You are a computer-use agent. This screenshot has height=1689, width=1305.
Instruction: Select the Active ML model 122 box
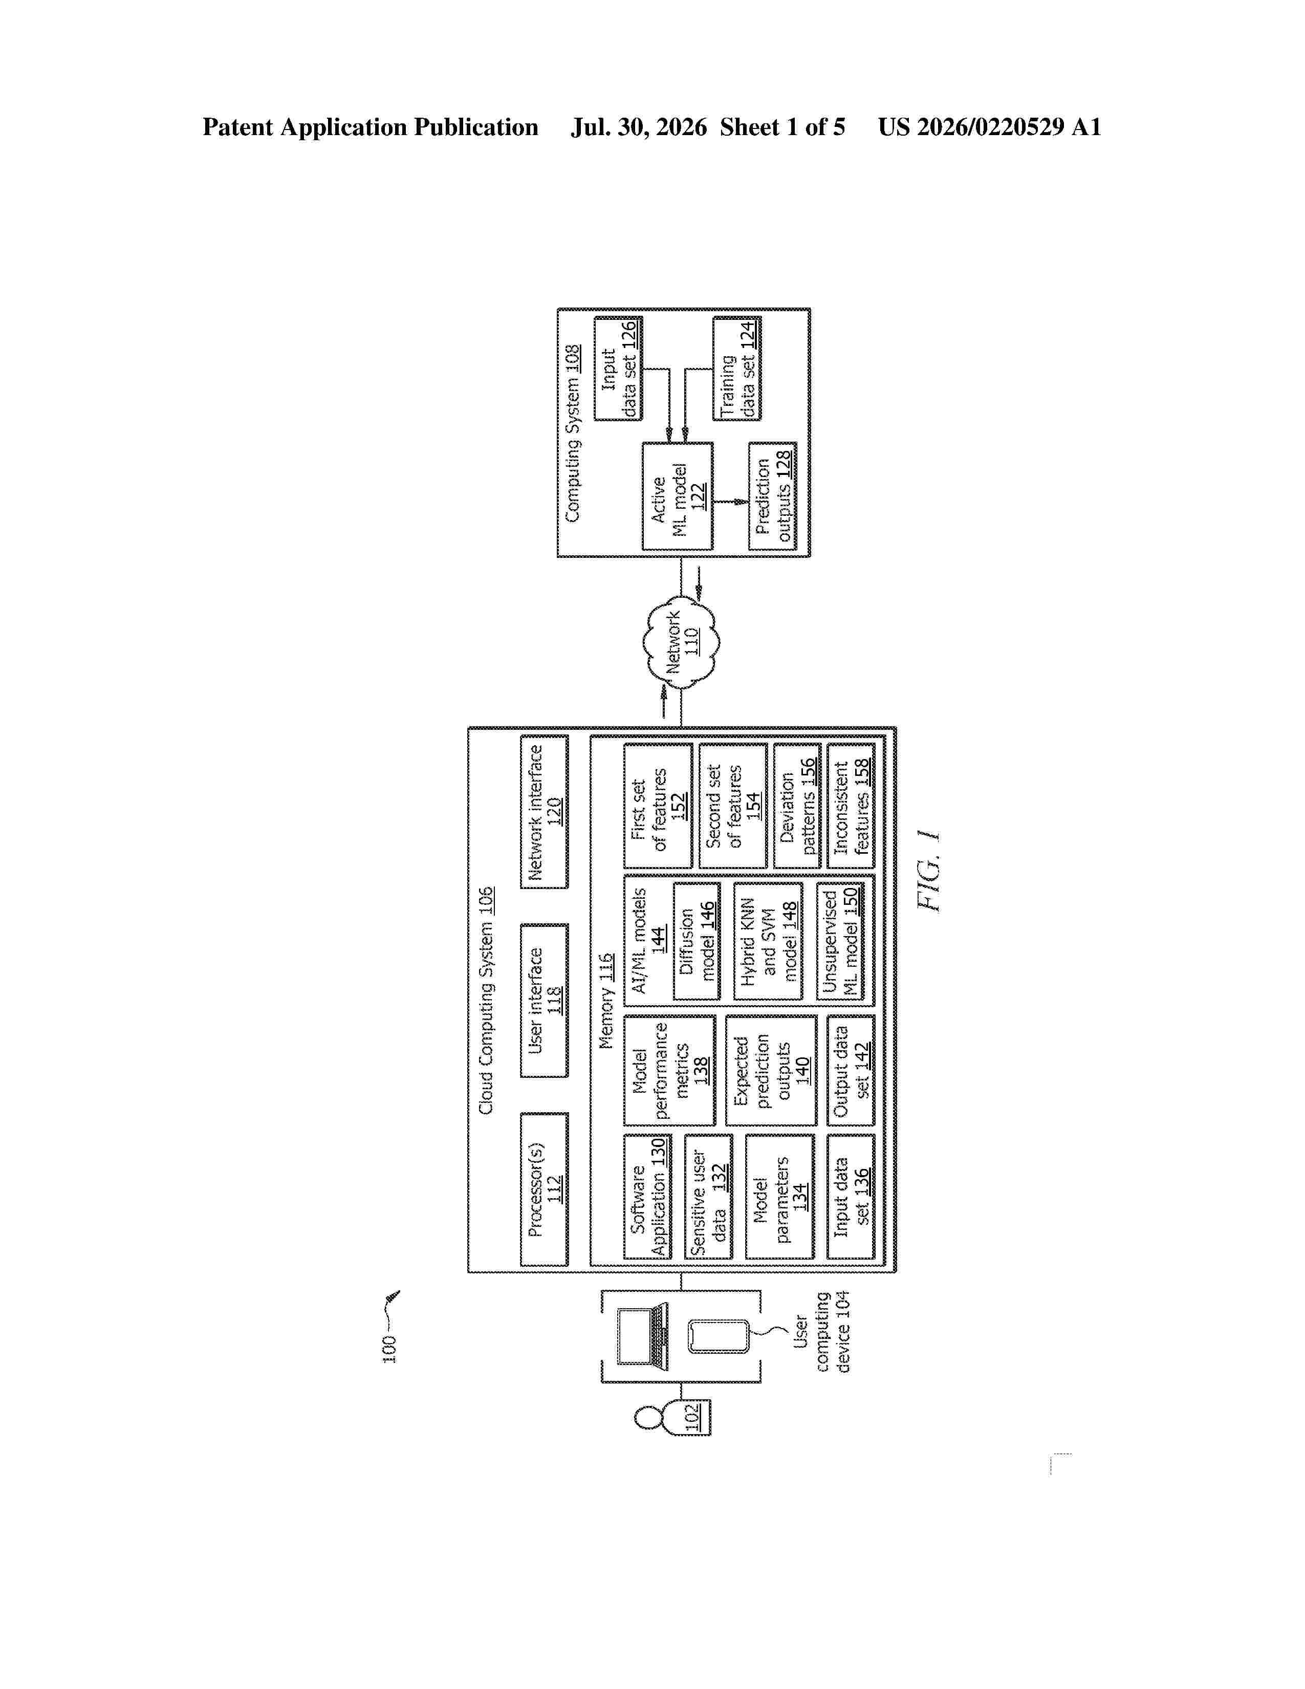[677, 496]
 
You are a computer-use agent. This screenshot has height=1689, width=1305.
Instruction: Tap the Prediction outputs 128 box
[772, 496]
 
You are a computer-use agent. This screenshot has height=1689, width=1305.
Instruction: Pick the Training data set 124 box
[736, 368]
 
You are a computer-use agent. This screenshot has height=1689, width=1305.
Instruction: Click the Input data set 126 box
[618, 368]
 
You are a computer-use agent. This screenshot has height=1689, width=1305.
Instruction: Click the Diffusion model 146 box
[697, 941]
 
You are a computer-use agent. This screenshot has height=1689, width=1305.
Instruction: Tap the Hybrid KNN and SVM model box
[768, 941]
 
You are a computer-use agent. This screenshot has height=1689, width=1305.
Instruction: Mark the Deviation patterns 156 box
[797, 806]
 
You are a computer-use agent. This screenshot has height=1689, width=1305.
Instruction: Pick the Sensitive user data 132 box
[709, 1197]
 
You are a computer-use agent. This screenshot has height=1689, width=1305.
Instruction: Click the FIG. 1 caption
[928, 871]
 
